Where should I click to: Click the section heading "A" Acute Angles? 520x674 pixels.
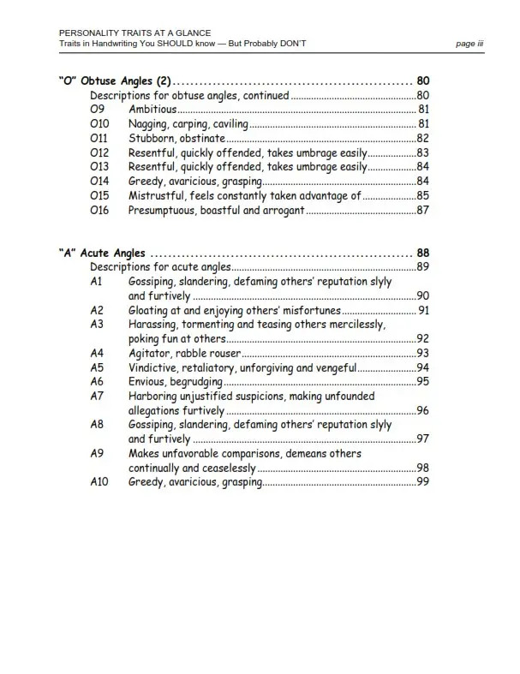point(102,253)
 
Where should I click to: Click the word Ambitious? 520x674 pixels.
point(152,110)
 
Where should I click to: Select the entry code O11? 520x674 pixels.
point(99,138)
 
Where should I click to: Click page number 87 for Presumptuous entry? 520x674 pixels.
point(422,210)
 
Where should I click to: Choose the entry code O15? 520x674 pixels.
point(99,195)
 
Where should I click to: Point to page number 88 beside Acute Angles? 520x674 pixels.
point(422,253)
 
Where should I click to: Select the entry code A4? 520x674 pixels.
point(97,353)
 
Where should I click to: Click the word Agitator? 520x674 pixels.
point(151,353)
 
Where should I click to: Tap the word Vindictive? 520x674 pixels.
point(155,367)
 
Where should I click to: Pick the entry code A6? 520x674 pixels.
point(97,382)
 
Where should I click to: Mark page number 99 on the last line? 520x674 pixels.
point(422,482)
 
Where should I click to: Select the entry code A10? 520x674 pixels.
point(99,482)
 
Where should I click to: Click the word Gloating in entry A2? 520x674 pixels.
point(152,310)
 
